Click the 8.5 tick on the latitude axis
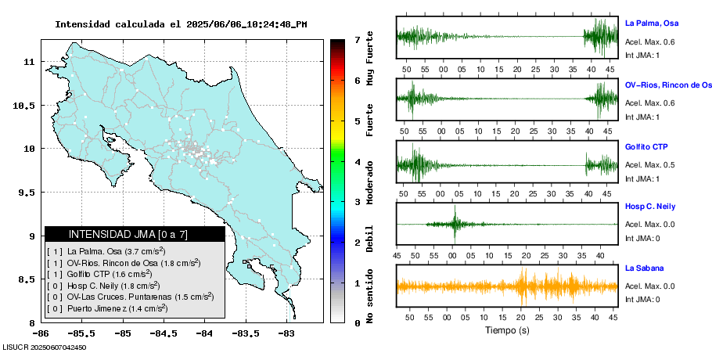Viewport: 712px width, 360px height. coord(27,279)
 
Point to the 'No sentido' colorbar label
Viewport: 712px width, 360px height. coord(370,297)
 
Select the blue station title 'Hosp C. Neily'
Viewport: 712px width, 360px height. coord(651,206)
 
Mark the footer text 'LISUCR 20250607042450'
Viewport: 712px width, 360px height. coord(45,347)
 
